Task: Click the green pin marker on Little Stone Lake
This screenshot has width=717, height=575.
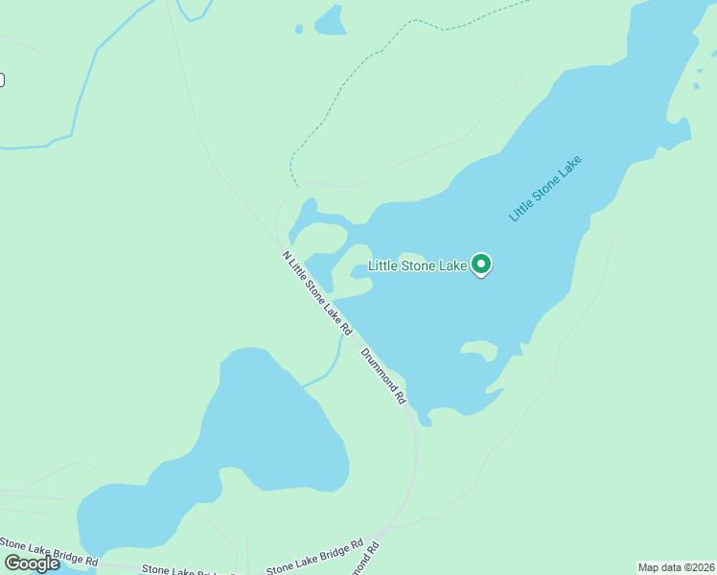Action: point(481,264)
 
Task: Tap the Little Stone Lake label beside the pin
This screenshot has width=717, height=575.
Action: point(418,265)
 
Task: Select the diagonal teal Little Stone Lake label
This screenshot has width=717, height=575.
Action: point(545,188)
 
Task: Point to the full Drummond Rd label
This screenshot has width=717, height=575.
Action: point(384,375)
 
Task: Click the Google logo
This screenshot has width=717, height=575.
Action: point(32,563)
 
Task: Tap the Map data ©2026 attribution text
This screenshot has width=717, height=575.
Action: point(677,567)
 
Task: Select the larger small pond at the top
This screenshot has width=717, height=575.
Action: point(332,22)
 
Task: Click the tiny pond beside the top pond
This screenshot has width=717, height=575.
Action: point(299,30)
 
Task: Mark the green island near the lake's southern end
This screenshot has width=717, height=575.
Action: point(479,349)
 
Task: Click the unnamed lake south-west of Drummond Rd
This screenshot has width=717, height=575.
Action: point(259,422)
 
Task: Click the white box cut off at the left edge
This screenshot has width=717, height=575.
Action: point(2,80)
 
